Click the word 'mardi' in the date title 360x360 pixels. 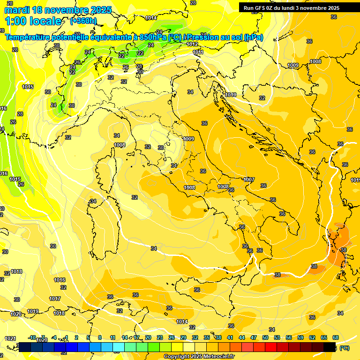coord(16,10)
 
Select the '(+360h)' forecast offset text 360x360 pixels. coord(83,21)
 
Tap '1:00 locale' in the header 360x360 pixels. coord(33,21)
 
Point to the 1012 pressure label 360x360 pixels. coord(192,44)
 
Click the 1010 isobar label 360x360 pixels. coord(231,95)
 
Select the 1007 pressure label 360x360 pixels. coord(249,180)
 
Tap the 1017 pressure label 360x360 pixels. coord(55,299)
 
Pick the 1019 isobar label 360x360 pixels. coord(33,311)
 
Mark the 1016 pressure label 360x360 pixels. coord(60,280)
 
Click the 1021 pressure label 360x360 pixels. coord(10,338)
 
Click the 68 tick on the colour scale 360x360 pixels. coord(336,337)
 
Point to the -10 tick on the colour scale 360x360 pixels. coord(32,337)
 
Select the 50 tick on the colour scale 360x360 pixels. coord(265,337)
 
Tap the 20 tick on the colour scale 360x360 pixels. coord(148,337)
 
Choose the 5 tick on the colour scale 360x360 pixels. coord(88,337)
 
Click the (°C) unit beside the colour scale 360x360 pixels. coord(345,348)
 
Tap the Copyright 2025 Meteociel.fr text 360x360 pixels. coord(199,357)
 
